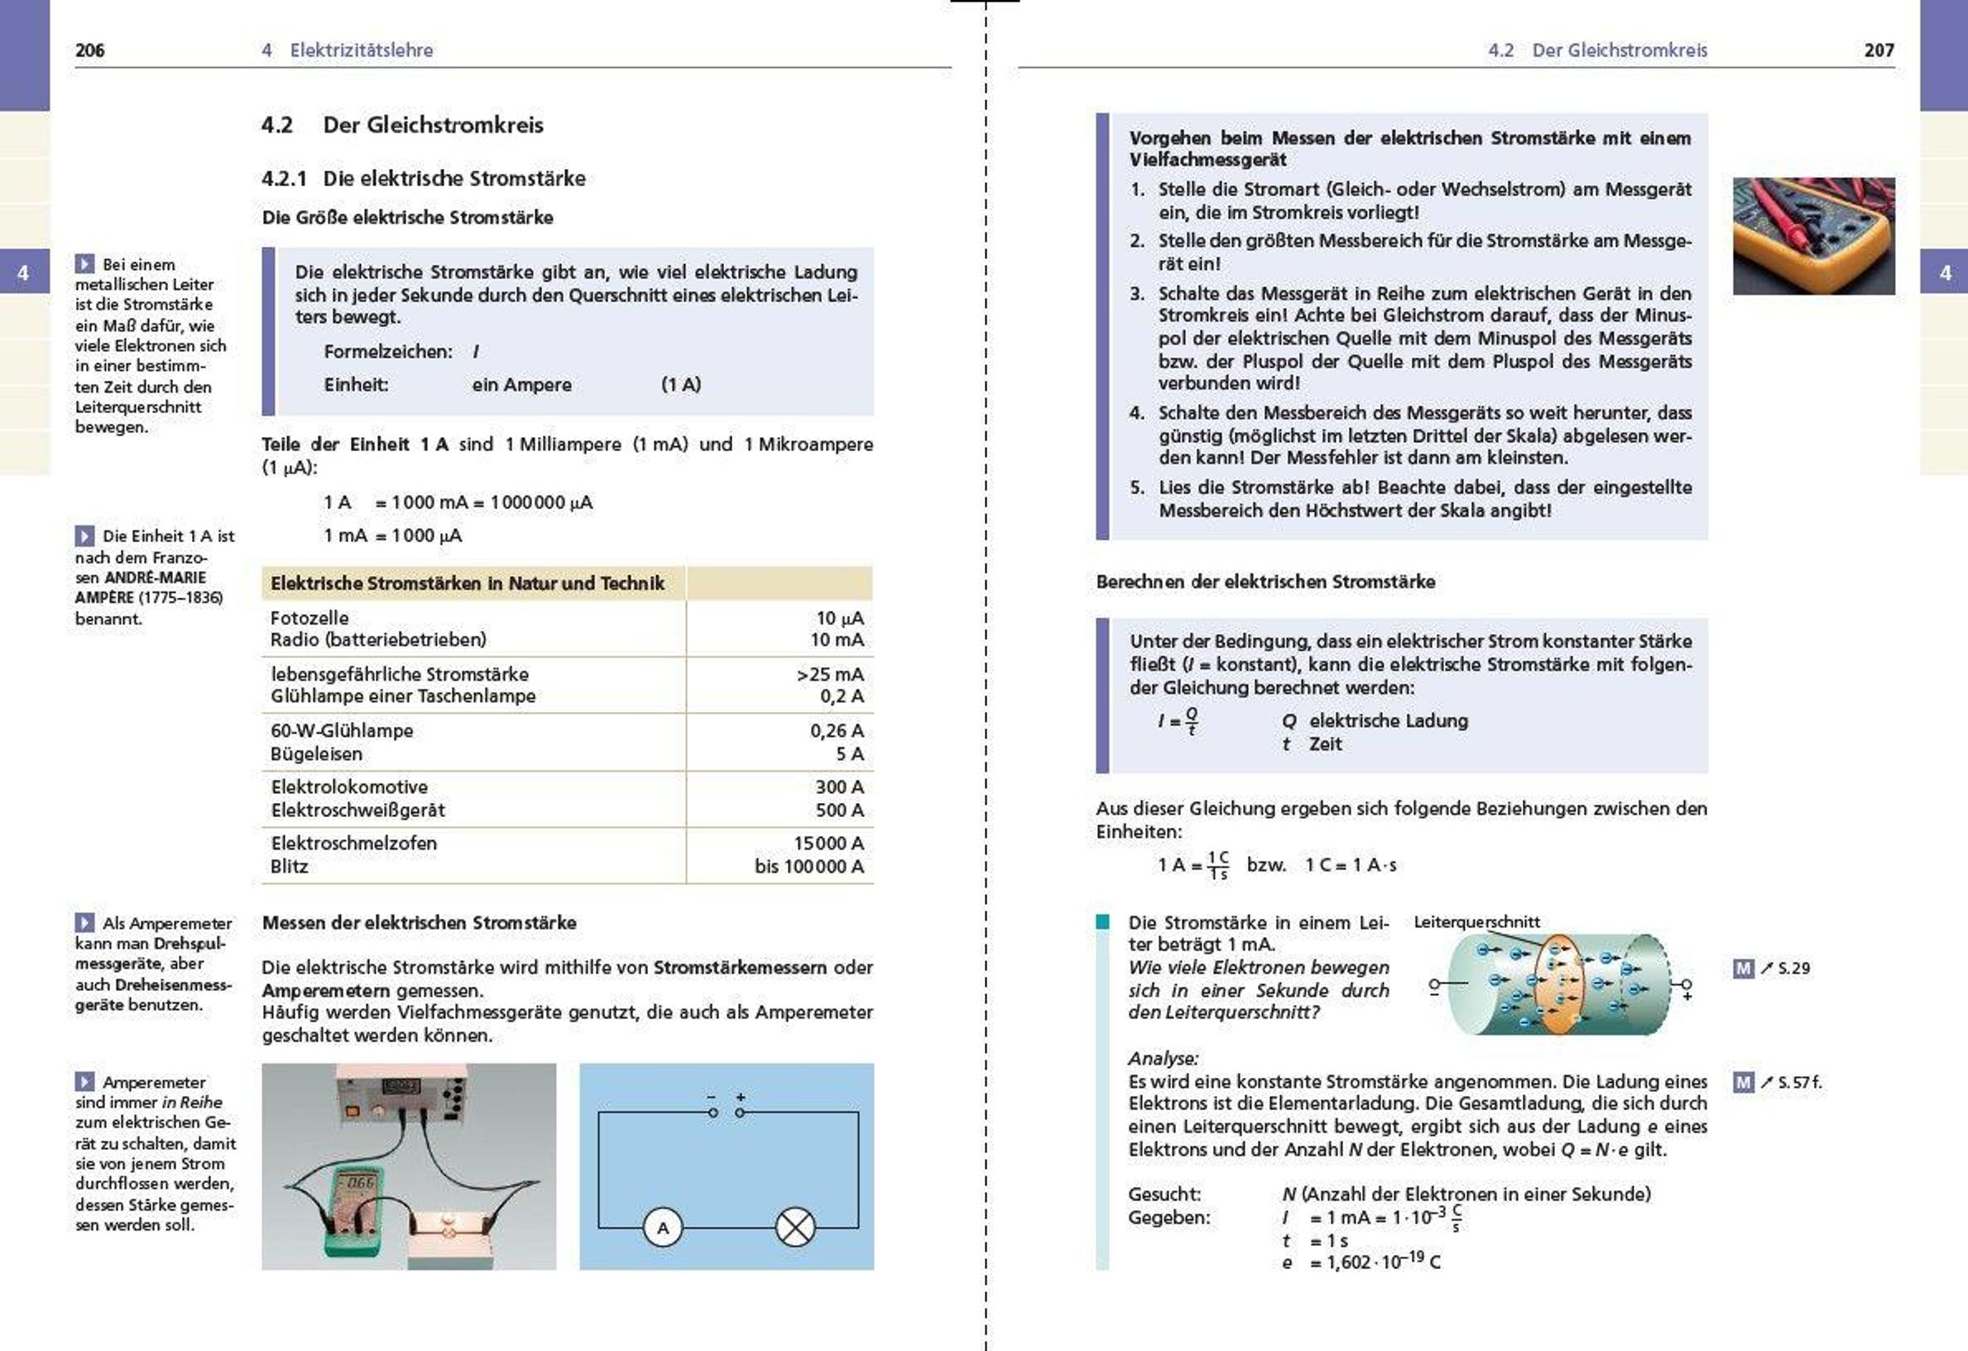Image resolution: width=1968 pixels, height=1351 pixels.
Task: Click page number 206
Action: tap(89, 50)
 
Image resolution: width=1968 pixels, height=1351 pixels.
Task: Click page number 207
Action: tap(1879, 50)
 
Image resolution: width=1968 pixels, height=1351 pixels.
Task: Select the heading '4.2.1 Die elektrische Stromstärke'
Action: tap(423, 179)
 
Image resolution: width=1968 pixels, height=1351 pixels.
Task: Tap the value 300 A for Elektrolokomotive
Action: tap(839, 787)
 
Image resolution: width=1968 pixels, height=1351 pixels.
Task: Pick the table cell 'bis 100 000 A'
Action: tap(809, 866)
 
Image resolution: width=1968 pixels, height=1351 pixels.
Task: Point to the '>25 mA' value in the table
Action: tap(830, 674)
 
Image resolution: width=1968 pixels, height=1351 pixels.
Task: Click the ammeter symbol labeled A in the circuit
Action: tap(663, 1227)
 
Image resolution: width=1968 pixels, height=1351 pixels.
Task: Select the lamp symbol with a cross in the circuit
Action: tap(795, 1227)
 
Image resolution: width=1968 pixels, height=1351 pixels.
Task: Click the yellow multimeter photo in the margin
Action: tap(1813, 235)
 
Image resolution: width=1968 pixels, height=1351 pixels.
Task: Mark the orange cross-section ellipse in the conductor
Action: tap(1559, 985)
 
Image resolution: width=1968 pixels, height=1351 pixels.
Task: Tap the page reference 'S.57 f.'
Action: tap(1798, 1083)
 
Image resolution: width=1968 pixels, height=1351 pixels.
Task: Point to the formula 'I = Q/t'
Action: tap(1178, 721)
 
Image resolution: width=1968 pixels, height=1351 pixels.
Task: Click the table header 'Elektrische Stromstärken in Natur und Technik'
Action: tap(467, 583)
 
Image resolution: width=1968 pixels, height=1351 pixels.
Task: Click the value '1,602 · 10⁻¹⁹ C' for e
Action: tap(1374, 1262)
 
